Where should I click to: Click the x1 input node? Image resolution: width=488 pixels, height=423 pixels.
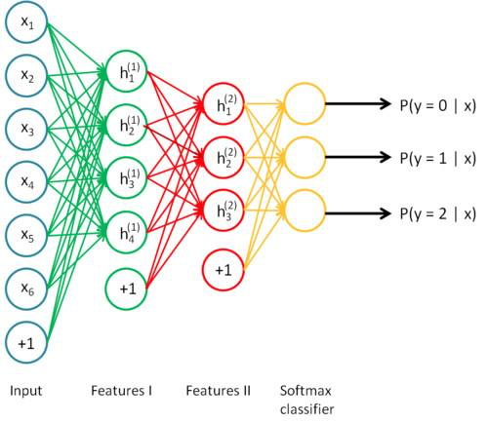[x=26, y=22]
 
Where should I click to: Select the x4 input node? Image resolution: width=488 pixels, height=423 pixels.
[x=26, y=181]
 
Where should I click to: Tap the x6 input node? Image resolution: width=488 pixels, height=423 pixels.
[x=26, y=288]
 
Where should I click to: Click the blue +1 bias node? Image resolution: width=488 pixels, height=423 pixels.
[x=26, y=342]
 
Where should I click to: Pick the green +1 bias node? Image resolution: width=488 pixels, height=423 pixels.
[x=126, y=288]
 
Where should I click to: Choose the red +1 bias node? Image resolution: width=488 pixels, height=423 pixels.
[x=224, y=270]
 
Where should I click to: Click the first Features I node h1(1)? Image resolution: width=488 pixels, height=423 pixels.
[x=127, y=71]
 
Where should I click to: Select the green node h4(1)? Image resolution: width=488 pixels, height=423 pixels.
[x=127, y=232]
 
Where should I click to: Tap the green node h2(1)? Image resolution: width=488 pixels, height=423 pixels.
[x=127, y=125]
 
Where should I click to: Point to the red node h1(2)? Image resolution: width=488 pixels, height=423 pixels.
[x=224, y=104]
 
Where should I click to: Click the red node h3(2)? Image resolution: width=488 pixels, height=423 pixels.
[x=224, y=211]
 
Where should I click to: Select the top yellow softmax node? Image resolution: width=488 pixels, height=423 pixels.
[x=305, y=104]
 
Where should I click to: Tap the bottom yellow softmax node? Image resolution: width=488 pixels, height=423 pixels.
[x=305, y=211]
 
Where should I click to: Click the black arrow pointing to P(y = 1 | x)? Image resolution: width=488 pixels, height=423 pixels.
[x=358, y=157]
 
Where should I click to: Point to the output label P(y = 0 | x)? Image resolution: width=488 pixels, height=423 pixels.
[x=438, y=105]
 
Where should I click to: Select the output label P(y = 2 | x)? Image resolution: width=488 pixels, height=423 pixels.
[x=438, y=213]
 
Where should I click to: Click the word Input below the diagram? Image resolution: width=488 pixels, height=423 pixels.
[x=26, y=391]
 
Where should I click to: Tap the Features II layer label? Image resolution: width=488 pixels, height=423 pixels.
[x=219, y=390]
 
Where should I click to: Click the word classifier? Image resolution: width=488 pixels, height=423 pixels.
[x=307, y=409]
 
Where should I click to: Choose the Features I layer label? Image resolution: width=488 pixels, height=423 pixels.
[x=122, y=390]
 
